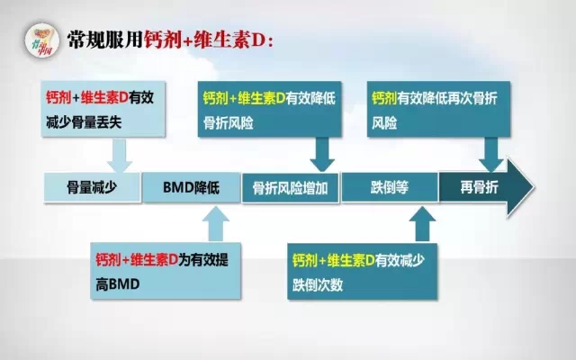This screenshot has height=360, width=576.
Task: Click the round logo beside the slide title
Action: pos(42,40)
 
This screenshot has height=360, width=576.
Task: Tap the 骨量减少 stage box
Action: pos(92,187)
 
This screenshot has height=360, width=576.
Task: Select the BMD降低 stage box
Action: pos(192,187)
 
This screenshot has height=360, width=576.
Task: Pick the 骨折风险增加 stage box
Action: pos(290,188)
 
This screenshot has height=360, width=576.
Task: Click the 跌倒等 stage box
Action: pos(390,187)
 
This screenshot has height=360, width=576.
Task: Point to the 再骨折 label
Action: pos(479,188)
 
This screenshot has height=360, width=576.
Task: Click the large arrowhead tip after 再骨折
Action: pos(534,187)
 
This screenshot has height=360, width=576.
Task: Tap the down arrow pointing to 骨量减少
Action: pos(119,155)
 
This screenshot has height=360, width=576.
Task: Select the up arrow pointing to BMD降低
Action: pos(216,223)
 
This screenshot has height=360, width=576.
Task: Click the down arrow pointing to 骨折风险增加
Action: pos(322,155)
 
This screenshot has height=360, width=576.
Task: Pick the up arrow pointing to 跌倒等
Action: pos(422,224)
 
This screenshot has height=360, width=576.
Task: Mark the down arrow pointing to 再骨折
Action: pos(490,155)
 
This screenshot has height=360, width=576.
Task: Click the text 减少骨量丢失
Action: pos(84,122)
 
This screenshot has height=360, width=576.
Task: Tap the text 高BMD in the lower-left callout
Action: pos(118,284)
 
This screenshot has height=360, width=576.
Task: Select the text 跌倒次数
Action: pos(318,285)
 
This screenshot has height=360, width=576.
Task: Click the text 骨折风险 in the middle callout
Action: pos(229,123)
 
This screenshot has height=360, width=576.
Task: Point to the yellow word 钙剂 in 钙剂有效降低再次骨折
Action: pos(384,98)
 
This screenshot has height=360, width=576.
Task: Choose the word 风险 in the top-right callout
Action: pos(384,123)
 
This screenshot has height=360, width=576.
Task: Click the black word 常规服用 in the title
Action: pos(105,40)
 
